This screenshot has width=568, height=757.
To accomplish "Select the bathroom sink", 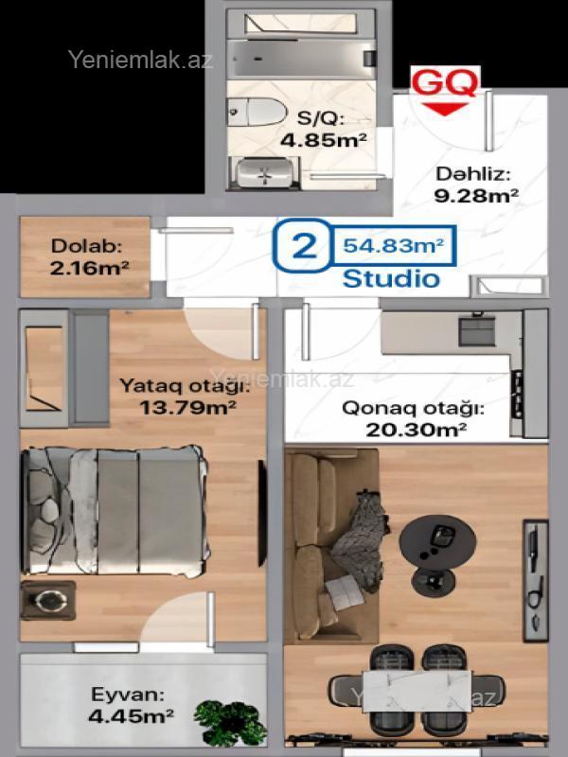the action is [265, 173].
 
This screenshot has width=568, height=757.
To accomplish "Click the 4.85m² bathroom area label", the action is [323, 140].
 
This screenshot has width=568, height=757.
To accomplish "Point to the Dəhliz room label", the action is [472, 174].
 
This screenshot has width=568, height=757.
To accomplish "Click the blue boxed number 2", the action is [304, 245].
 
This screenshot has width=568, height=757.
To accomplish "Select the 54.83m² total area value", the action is [393, 245].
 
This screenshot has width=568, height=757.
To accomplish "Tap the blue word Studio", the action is [391, 279].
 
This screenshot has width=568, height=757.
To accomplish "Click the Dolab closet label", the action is [86, 246].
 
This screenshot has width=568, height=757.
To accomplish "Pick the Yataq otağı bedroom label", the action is [185, 386].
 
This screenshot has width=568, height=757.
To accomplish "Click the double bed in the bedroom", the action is [115, 511].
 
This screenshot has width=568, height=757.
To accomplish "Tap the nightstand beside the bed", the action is [48, 600].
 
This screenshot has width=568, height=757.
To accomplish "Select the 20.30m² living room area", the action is [416, 430].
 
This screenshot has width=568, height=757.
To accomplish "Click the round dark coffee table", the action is [437, 539].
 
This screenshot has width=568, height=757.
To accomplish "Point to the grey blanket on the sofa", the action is [360, 540].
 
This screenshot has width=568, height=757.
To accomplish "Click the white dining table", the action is [417, 692].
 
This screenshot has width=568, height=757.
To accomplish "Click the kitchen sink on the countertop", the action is [477, 330].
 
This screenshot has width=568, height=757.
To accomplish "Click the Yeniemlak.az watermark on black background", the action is [140, 60].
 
